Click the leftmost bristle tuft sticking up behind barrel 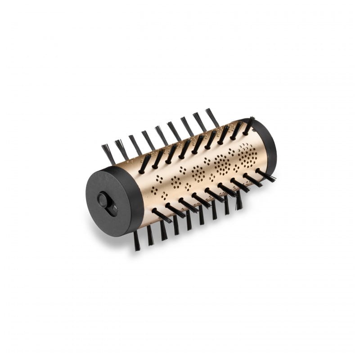(x=108, y=153)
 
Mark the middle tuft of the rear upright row (x=162, y=135)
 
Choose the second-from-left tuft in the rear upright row (x=121, y=148)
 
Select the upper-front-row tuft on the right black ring (x=248, y=126)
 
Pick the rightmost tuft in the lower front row (x=265, y=175)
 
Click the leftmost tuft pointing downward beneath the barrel (x=136, y=240)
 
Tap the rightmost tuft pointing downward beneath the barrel (x=239, y=201)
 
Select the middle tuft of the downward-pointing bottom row (x=189, y=220)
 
